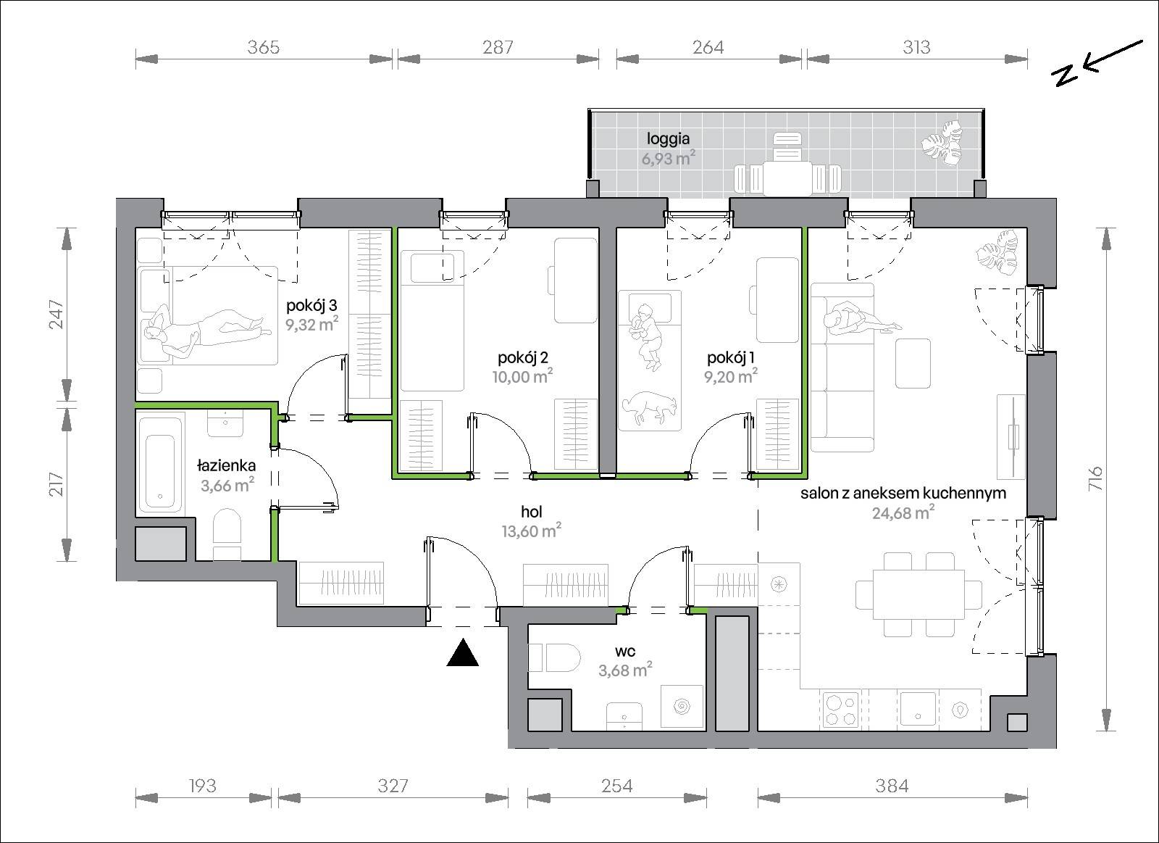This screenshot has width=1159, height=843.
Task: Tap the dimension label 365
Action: click(264, 47)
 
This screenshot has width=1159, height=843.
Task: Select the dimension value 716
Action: click(1095, 478)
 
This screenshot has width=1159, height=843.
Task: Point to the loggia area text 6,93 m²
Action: click(668, 158)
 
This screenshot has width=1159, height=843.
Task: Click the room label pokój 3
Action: click(311, 305)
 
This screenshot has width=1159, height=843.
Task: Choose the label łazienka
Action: click(226, 465)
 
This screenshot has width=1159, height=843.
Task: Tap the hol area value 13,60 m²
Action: click(532, 531)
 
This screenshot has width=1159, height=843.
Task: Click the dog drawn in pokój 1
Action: click(650, 408)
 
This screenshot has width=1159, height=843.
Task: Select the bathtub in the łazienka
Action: click(160, 463)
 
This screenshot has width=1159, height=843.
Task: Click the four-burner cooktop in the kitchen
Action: click(840, 709)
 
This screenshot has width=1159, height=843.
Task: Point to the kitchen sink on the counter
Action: click(918, 709)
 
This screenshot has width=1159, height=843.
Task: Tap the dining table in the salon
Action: click(919, 594)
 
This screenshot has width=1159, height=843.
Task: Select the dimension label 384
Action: click(892, 786)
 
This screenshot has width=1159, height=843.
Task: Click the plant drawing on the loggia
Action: click(942, 144)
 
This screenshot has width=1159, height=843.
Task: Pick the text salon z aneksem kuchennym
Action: click(903, 493)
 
